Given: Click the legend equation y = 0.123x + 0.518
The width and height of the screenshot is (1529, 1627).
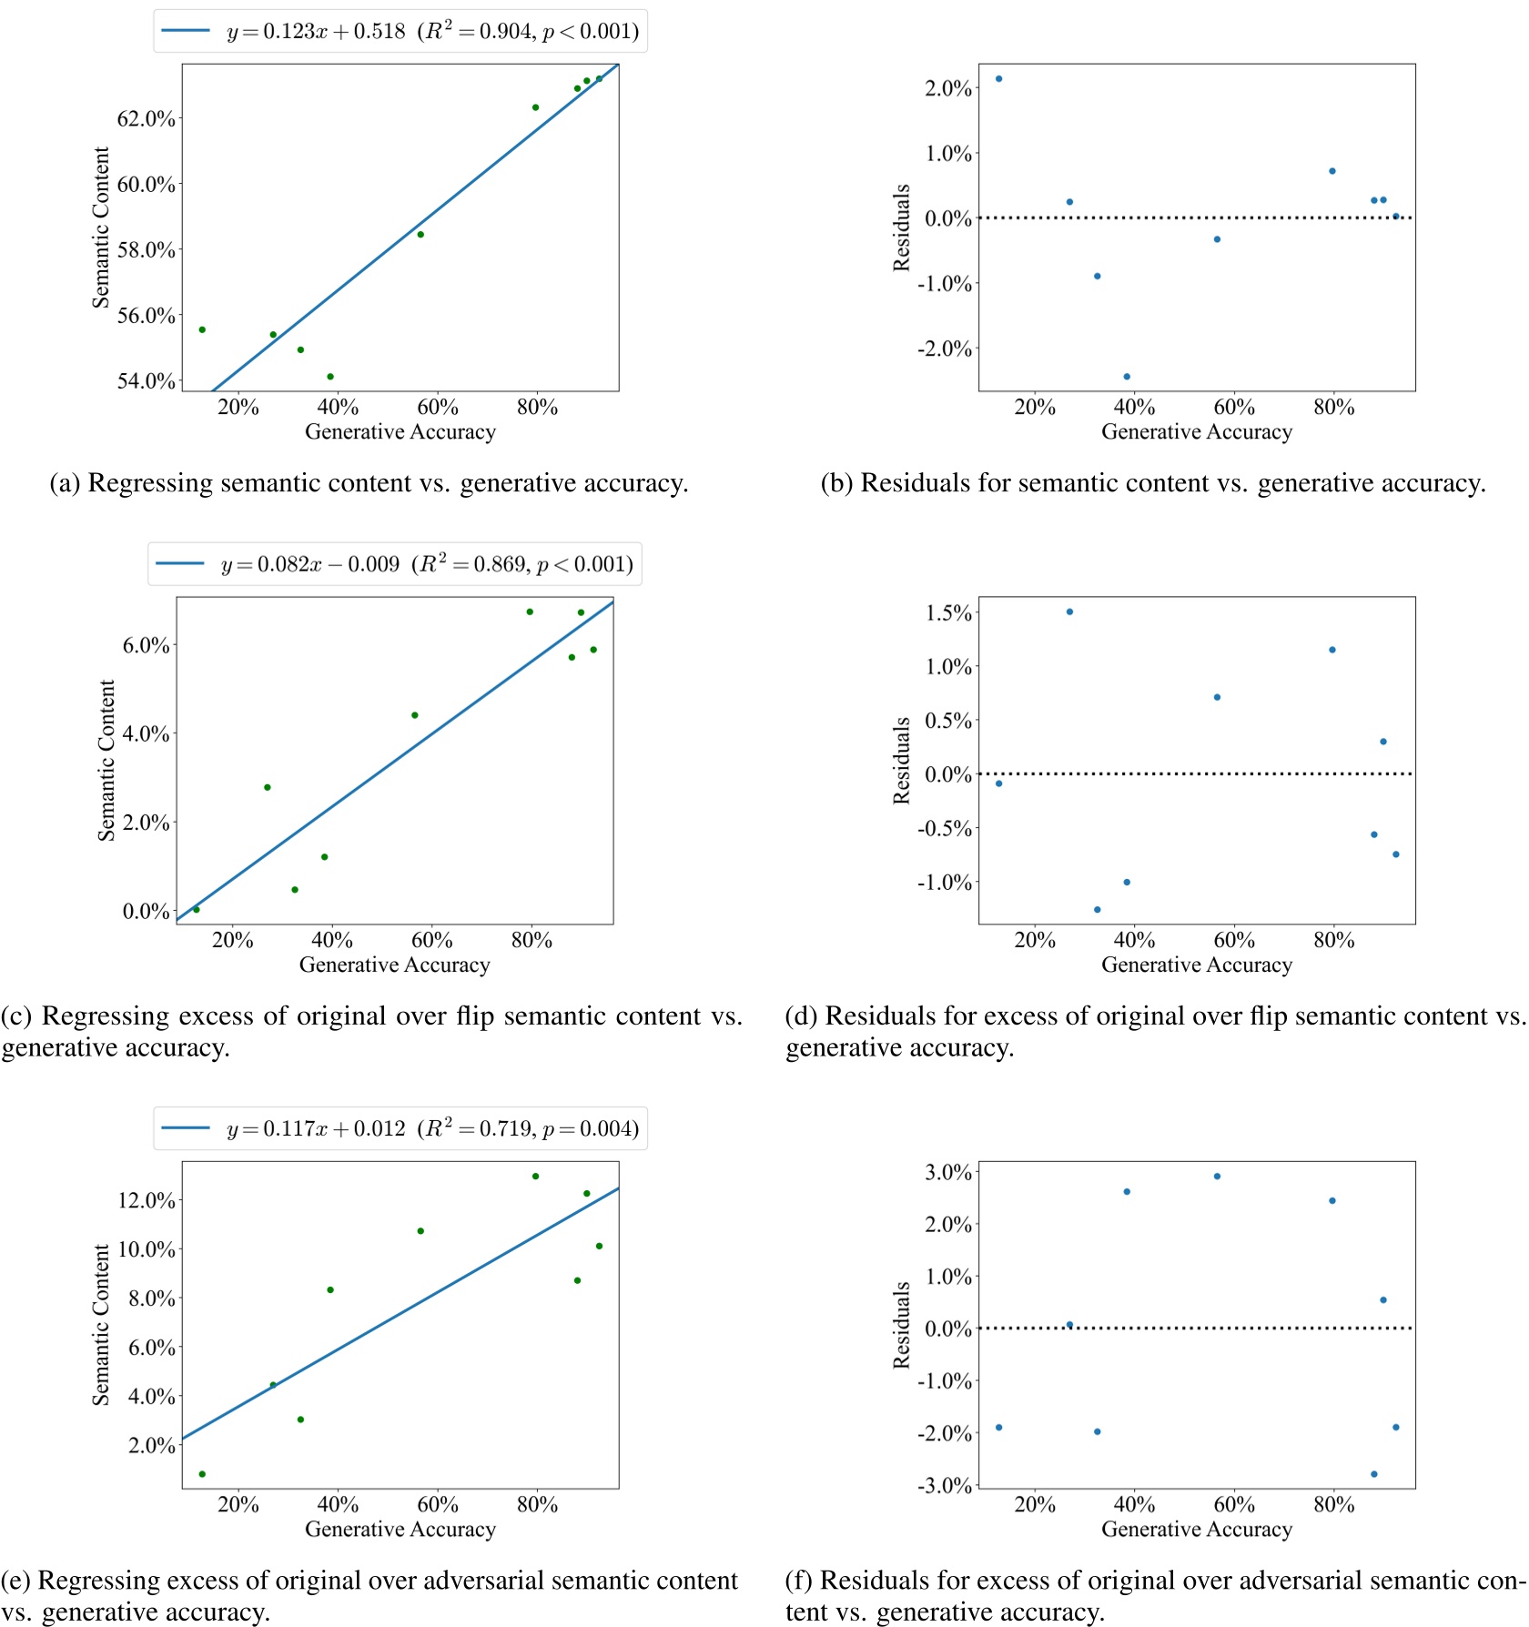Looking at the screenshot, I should (316, 32).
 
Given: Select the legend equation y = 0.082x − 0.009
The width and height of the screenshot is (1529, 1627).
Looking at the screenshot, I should (310, 565).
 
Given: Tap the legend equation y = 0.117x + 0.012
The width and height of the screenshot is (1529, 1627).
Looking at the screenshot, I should (316, 1129).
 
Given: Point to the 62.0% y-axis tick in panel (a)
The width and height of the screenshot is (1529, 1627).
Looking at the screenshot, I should (147, 118).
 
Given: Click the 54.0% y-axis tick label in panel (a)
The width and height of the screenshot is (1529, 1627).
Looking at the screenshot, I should (147, 381).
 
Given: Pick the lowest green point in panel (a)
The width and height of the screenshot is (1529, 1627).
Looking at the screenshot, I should (330, 377).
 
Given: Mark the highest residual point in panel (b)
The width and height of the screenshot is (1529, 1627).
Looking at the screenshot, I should (998, 79).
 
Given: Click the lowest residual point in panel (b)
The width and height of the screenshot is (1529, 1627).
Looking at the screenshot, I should (1127, 377).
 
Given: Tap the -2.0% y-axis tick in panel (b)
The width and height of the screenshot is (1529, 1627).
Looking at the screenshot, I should (944, 349).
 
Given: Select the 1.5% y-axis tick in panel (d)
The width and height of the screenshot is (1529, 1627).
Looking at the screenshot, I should (948, 613).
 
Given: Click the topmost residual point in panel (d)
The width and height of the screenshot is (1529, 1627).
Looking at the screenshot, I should (1069, 612).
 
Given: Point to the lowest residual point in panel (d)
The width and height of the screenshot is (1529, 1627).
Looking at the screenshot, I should (1097, 910).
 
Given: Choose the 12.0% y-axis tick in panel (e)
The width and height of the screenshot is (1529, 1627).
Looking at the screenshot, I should (147, 1201).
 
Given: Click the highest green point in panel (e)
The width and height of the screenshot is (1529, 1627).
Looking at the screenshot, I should (536, 1177).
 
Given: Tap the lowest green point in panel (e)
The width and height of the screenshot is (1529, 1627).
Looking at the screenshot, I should (202, 1474).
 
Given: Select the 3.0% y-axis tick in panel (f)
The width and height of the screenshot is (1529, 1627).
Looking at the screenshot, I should (948, 1173).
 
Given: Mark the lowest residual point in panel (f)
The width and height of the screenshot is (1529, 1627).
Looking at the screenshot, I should (1374, 1474).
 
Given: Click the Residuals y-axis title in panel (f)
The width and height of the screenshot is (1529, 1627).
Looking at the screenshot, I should (901, 1325).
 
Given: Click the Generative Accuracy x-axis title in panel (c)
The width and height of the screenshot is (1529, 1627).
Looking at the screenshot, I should (394, 965).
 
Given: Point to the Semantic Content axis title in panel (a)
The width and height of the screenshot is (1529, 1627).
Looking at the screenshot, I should (101, 227).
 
